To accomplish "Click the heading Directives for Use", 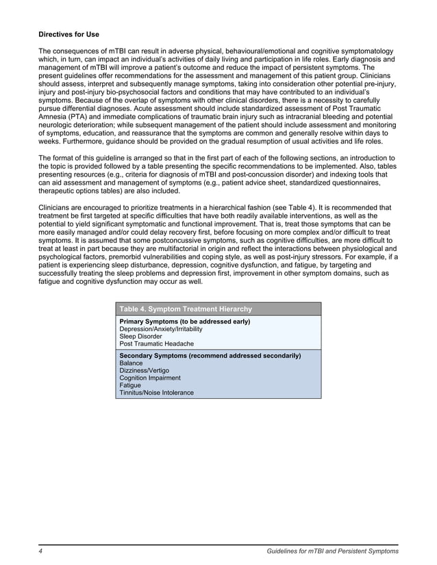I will (x=73, y=34).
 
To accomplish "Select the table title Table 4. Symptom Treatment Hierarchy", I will (x=186, y=309).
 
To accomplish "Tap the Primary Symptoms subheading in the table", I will (x=184, y=321).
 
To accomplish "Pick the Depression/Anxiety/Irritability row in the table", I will (x=160, y=329).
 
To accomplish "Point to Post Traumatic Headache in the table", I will (x=156, y=344).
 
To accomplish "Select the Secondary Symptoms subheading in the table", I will (x=210, y=356).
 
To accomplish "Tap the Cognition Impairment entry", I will (x=150, y=378).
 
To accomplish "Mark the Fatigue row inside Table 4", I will (x=130, y=386).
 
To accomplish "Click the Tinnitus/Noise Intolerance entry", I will (x=156, y=393).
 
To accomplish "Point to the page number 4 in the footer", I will (x=40, y=551).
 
